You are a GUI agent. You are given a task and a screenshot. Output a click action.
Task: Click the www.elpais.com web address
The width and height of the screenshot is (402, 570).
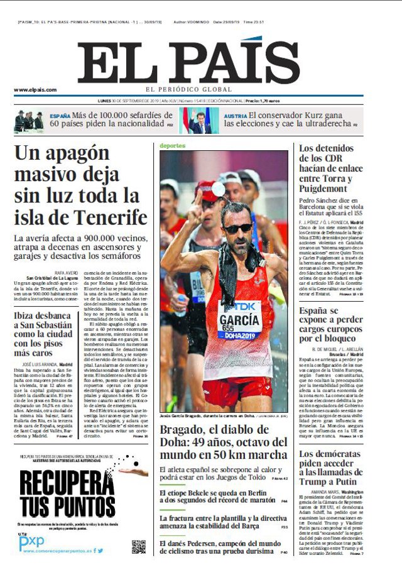[x=35, y=90]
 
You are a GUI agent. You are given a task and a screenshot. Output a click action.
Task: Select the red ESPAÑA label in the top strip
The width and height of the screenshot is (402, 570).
[x=60, y=116]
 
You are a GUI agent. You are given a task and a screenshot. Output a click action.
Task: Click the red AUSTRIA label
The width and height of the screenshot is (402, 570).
[x=236, y=116]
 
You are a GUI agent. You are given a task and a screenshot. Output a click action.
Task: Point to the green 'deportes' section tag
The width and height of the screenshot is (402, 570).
[x=173, y=145]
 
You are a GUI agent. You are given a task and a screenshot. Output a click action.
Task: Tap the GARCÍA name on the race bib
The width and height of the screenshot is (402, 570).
[x=239, y=319]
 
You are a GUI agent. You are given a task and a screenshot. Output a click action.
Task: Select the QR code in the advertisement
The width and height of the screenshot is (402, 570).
[x=138, y=545]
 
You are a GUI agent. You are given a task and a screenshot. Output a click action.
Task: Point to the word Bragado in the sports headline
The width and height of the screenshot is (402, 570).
[x=184, y=430]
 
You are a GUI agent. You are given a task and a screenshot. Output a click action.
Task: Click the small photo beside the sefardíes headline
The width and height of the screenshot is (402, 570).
[x=29, y=120]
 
